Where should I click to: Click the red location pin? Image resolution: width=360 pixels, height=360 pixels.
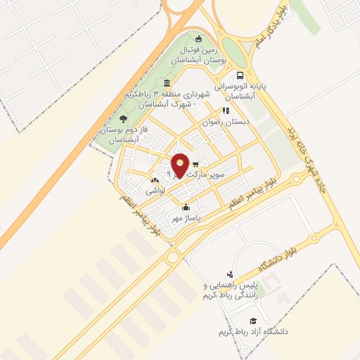180,165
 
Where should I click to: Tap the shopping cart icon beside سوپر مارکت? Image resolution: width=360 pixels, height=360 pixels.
195,164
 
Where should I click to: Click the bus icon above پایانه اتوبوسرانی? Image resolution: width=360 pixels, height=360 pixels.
241,75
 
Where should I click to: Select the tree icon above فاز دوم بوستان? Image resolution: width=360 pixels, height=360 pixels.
124,118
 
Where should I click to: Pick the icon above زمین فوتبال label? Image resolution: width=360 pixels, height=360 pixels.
199,39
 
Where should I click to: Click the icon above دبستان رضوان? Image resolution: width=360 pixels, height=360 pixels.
226,110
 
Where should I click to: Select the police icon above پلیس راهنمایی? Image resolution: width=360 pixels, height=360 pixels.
229,274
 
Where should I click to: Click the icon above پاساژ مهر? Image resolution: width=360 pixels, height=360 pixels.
186,207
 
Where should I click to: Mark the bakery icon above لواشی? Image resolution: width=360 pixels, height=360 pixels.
155,180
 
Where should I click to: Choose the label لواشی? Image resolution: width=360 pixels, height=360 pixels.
155,191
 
